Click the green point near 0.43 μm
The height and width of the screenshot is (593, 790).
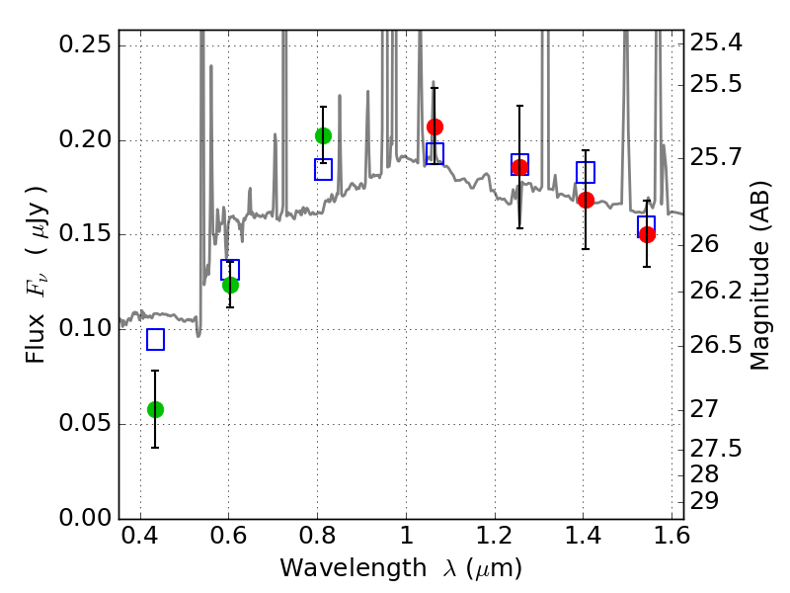click(155, 409)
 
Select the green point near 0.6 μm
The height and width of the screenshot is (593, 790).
click(230, 285)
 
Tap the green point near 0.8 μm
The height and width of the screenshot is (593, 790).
click(323, 135)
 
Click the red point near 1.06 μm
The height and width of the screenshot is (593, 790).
click(434, 127)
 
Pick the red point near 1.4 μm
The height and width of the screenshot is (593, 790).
click(586, 201)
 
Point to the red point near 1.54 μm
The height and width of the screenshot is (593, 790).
click(647, 234)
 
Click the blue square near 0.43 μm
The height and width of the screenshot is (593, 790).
click(155, 339)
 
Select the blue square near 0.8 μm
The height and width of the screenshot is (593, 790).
click(323, 169)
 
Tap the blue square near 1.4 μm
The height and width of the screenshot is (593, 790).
click(586, 172)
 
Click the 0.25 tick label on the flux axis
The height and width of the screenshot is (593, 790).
click(85, 44)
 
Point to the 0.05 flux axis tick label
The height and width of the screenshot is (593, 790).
click(85, 423)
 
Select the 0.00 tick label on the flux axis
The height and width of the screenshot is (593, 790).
click(85, 517)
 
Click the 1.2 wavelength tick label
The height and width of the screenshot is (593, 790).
click(495, 536)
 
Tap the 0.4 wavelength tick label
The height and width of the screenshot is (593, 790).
click(140, 536)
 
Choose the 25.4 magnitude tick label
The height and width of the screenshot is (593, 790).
click(716, 43)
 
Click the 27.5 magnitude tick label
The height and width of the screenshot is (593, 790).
click(716, 449)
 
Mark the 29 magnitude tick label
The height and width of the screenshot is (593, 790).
click(704, 502)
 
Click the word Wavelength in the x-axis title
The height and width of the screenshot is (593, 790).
click(354, 568)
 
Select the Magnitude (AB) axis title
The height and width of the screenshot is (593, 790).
click(759, 276)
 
